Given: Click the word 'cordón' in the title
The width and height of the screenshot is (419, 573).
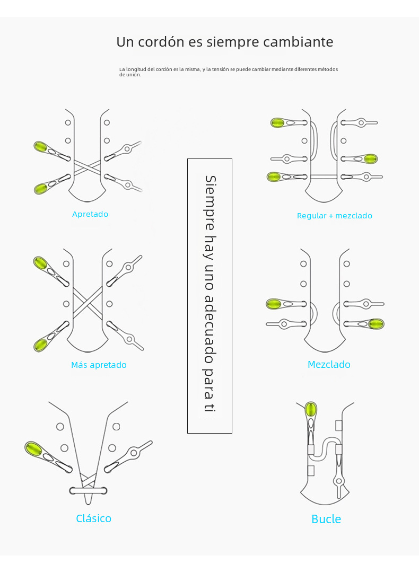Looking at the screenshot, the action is pos(160,42).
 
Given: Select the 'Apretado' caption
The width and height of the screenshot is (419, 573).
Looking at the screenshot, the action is pos(90,214).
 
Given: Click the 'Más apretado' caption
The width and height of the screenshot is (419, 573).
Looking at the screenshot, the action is pos(99,365).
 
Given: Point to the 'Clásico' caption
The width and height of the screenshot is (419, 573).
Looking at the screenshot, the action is pos(93,518).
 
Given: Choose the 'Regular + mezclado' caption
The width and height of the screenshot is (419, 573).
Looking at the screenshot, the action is pos(334,216).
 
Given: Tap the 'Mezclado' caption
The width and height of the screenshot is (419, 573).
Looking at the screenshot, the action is pos(329,365).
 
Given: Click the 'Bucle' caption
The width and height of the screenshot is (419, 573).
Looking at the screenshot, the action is pos(326,519).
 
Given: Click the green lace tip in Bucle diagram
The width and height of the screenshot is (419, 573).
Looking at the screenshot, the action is pos(311,410).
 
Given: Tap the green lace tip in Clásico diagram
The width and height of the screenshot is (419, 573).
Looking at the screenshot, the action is pos(34,449).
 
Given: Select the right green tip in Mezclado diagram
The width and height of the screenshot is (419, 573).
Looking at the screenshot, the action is pos(376,324).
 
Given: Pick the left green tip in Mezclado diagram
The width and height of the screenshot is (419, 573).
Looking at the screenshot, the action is pos(274,304).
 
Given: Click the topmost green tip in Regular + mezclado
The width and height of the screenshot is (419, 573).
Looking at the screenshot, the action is pos(277,123).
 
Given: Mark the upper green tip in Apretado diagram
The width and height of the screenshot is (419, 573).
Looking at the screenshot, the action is pos(40,146).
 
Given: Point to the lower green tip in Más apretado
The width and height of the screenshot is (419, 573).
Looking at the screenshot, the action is pos(41,345).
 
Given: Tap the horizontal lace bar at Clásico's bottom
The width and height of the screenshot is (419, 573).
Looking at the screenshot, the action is pos(88,490).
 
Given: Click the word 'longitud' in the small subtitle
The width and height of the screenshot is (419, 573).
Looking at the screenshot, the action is pos(136,69).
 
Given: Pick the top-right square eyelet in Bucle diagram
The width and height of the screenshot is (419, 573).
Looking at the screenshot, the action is pos(339,425).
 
